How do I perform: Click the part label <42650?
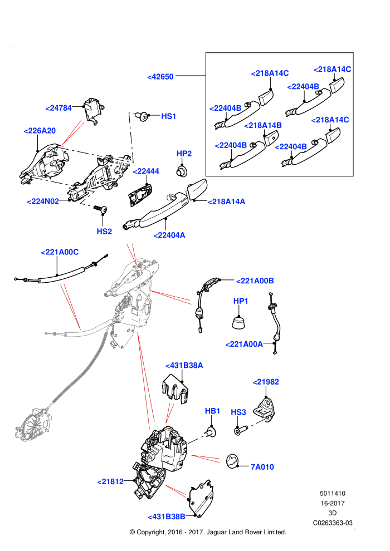(x=160, y=77)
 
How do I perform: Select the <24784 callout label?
(x=58, y=108)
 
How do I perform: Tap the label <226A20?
(x=40, y=131)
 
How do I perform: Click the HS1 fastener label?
(x=168, y=116)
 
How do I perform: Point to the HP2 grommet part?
(x=182, y=171)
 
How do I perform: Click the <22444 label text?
(x=146, y=171)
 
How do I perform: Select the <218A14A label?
(x=226, y=201)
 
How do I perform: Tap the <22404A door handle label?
(x=169, y=235)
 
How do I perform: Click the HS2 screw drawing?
(x=101, y=209)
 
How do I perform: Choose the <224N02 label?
(x=43, y=201)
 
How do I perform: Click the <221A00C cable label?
(x=60, y=252)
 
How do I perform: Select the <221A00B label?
(x=255, y=281)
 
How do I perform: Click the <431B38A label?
(x=184, y=366)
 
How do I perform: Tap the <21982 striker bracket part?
(x=266, y=409)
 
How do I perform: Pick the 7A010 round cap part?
(x=232, y=461)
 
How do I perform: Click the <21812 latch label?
(x=110, y=482)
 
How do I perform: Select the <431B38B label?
(x=167, y=517)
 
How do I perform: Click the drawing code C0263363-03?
(x=333, y=523)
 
